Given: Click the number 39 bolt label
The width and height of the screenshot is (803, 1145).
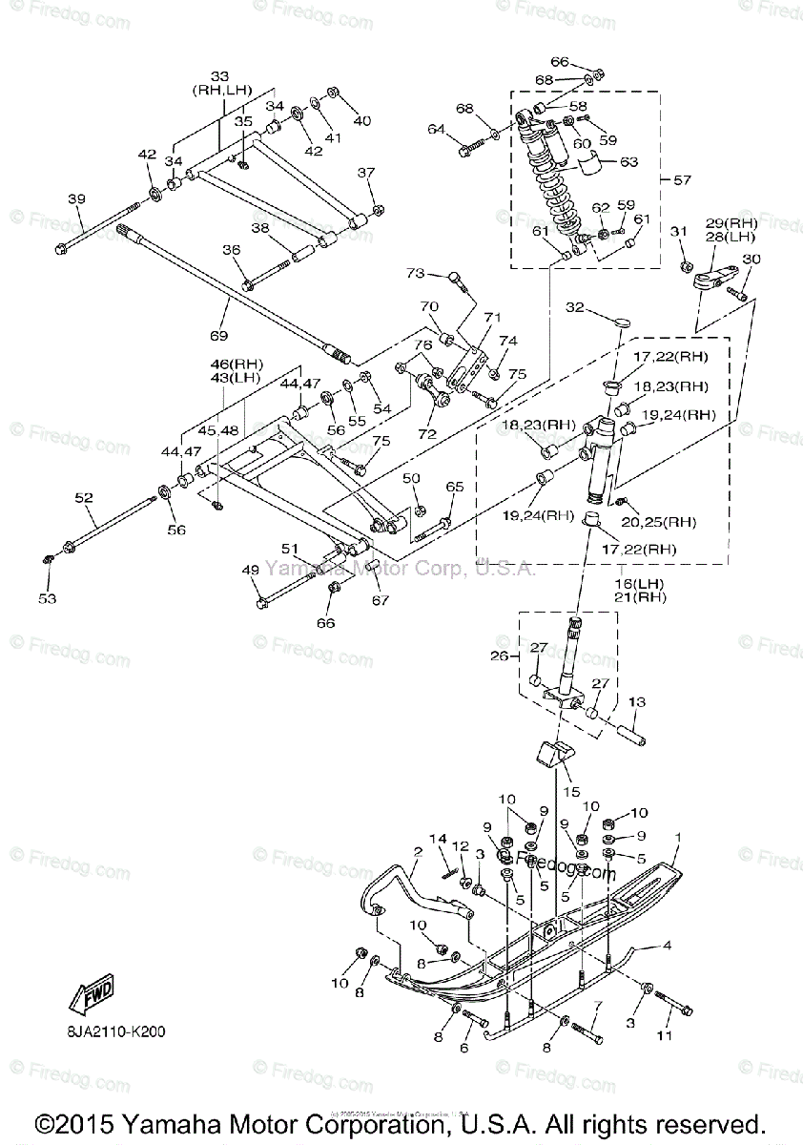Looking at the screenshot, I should coord(76,198).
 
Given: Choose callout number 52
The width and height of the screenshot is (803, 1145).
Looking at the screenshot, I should coord(84,497).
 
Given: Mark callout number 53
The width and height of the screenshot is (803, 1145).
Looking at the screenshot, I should coord(48,598).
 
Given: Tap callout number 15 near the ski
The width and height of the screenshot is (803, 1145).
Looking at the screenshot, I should coord(571,791).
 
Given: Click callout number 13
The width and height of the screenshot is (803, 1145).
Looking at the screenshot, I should coord(636,702).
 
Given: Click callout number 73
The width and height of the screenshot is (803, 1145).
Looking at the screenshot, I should coord(414,274).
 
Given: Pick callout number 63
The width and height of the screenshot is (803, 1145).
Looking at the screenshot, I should coord(629,162).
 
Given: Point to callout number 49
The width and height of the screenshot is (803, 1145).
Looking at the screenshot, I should coord(251,570).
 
